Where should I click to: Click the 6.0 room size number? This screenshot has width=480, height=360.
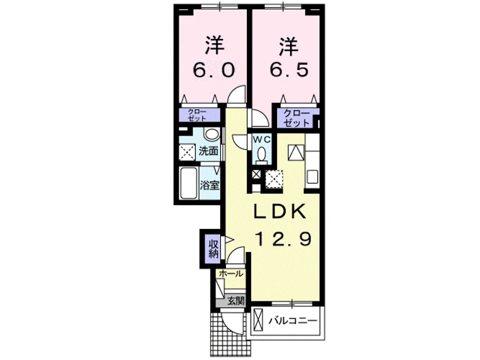pyautogui.click(x=214, y=70)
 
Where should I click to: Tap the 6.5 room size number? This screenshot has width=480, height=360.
pyautogui.click(x=288, y=70)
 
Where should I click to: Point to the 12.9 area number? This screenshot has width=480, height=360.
pyautogui.click(x=283, y=239)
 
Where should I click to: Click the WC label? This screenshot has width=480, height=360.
pyautogui.click(x=261, y=139)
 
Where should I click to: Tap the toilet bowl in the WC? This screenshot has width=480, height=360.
pyautogui.click(x=261, y=154)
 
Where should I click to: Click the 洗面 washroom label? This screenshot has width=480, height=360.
pyautogui.click(x=209, y=151)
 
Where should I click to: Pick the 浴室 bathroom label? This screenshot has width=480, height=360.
pyautogui.click(x=209, y=185)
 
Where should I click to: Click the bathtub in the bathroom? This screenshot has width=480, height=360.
pyautogui.click(x=188, y=183)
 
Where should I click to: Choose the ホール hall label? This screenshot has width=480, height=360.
pyautogui.click(x=231, y=274)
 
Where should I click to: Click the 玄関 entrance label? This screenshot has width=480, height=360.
pyautogui.click(x=235, y=301)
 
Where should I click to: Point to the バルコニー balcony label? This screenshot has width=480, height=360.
pyautogui.click(x=292, y=321)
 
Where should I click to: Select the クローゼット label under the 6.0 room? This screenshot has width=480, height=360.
pyautogui.click(x=197, y=115)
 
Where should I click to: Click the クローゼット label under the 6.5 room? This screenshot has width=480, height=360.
pyautogui.click(x=296, y=118)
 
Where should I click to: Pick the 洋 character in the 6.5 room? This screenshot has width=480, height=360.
pyautogui.click(x=288, y=46)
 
